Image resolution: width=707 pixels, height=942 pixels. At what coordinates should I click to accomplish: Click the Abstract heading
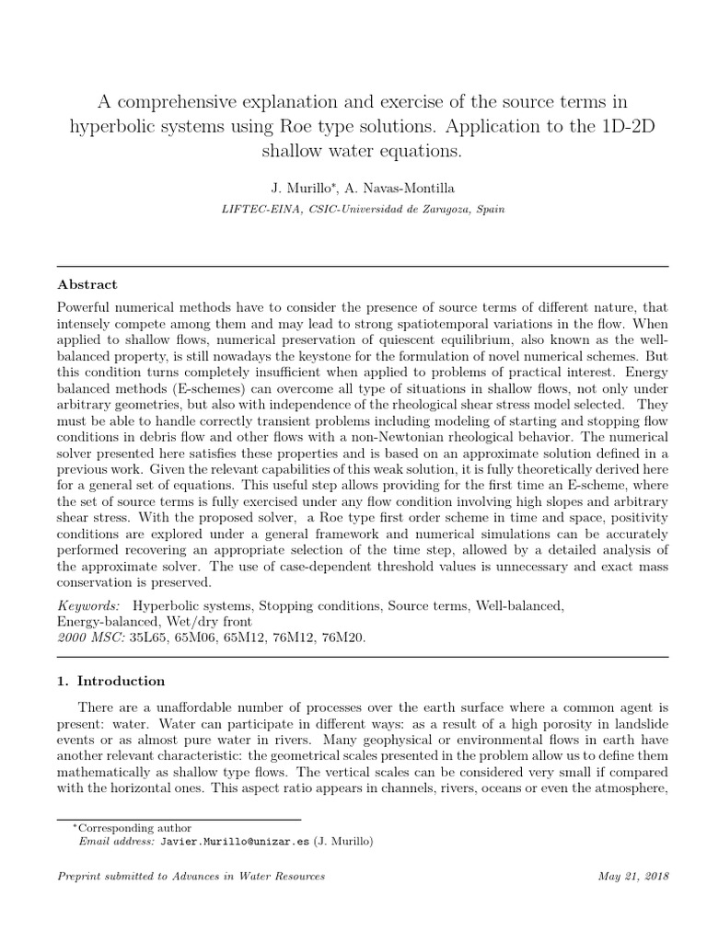tap(87, 284)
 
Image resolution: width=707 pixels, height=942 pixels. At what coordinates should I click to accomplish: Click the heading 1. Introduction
tap(111, 681)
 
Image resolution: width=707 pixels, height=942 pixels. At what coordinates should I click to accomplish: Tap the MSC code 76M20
tap(341, 636)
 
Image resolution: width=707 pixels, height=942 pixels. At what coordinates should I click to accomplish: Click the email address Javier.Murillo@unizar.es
tap(235, 841)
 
